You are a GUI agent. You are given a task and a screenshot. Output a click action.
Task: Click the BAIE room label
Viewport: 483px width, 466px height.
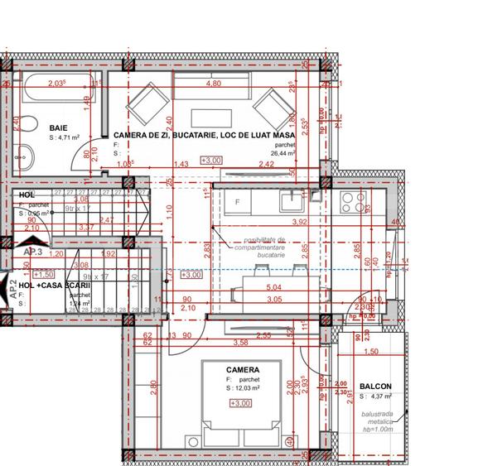(58, 127)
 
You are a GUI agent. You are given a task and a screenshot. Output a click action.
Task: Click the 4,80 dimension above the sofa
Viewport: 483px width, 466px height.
(213, 84)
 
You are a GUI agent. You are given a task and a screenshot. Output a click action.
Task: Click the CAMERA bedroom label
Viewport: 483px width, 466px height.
(243, 370)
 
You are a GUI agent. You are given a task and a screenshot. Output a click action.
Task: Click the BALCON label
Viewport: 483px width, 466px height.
(375, 386)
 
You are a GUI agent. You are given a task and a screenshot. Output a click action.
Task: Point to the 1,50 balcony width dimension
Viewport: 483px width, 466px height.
(371, 352)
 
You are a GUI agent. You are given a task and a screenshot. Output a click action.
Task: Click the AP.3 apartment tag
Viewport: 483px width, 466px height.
(33, 252)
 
